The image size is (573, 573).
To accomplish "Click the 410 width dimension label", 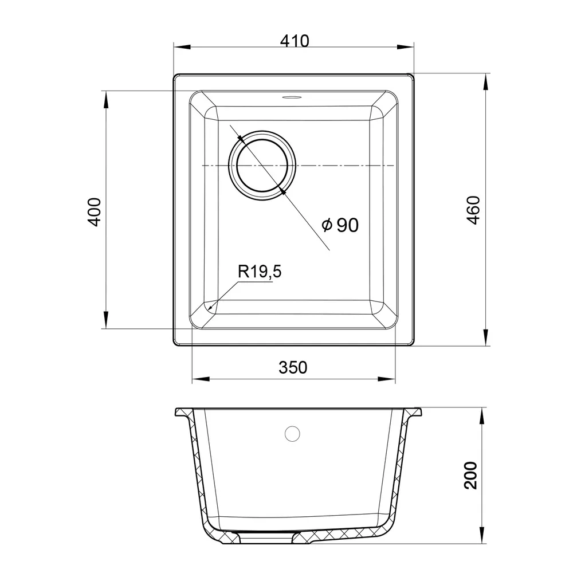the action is coord(295,41).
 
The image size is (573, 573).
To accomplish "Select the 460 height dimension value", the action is coord(474,210).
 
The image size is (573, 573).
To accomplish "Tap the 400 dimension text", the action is coord(95,212).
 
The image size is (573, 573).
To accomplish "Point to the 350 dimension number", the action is coord(293,367).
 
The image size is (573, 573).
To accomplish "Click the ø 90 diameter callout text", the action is coord(340,225).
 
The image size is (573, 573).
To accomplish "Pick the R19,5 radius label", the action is coord(260,272).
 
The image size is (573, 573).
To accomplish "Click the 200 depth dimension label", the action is coord(470,475).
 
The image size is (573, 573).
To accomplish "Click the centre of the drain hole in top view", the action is coord(262,166).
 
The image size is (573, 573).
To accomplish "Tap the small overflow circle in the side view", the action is coord(292,434).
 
